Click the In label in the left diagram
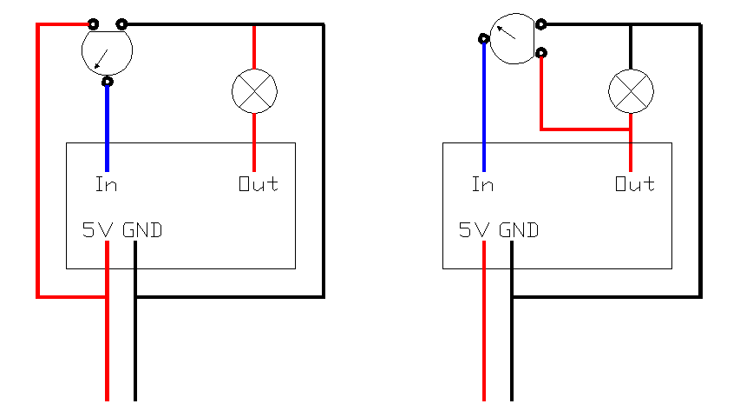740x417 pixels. coord(107,184)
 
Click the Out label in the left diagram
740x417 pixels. coord(259,184)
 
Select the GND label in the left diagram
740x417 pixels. coord(142,230)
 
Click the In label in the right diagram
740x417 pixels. coord(482,184)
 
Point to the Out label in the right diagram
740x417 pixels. coord(635,184)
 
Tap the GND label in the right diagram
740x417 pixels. coord(519,230)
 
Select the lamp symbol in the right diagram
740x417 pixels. coord(631,90)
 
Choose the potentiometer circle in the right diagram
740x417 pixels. coord(513,38)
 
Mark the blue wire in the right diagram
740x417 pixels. coord(483,104)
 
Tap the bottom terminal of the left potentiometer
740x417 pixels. coord(108,83)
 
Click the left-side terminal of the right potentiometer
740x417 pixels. coord(483,38)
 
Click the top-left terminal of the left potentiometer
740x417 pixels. coord(93,24)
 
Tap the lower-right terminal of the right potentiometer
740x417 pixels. coord(541,53)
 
